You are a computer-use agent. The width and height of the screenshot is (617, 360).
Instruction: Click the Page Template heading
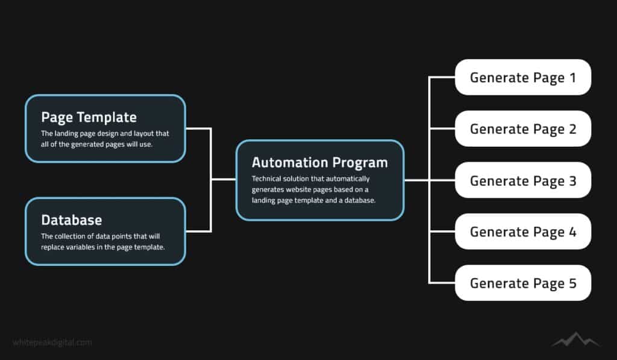89,118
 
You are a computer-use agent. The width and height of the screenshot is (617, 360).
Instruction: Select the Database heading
72,219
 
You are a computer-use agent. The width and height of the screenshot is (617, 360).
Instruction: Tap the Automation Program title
319,163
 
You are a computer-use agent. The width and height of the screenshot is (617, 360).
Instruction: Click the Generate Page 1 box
523,77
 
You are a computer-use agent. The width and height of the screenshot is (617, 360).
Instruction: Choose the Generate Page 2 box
523,129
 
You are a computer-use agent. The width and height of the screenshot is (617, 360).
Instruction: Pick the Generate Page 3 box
523,180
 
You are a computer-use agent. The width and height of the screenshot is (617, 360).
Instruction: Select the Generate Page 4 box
523,232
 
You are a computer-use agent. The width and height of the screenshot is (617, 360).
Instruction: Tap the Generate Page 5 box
523,283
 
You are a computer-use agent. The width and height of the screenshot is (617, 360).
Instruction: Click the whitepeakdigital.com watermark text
52,343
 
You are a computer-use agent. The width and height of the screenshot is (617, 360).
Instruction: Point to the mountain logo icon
575,339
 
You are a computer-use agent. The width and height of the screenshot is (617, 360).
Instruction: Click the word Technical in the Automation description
266,179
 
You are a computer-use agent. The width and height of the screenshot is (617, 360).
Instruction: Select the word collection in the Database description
69,236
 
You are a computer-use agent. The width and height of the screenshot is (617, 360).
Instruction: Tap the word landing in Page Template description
66,134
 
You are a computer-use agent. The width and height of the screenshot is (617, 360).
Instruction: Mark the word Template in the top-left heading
107,118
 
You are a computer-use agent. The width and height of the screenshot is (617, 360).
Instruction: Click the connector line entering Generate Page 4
442,232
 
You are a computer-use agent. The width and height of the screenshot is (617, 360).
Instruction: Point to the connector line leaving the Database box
198,231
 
